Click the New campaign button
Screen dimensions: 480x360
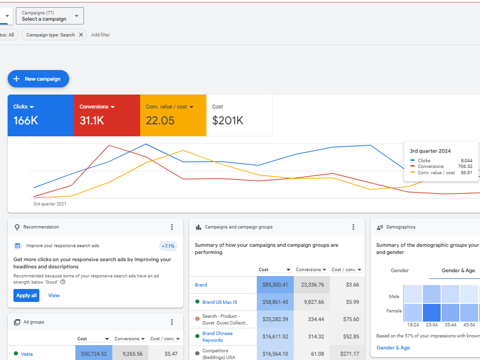click(38, 79)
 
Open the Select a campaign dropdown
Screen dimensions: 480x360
click(49, 16)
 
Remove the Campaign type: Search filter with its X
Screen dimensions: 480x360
click(81, 35)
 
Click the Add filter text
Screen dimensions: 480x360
click(100, 35)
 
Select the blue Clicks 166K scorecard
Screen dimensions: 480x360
click(41, 115)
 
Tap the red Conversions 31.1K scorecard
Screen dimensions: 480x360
click(107, 115)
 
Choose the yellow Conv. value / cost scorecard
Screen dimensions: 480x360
click(173, 115)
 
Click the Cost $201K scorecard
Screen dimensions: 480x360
click(240, 115)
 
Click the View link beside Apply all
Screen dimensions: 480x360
click(54, 295)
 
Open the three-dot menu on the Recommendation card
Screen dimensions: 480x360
click(172, 227)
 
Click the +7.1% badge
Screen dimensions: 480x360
click(168, 246)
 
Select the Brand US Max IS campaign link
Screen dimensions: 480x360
click(219, 302)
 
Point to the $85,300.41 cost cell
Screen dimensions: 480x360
click(275, 285)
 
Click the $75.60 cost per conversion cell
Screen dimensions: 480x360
click(351, 319)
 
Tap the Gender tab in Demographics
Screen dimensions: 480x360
click(400, 270)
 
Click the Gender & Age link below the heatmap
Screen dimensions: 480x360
click(393, 348)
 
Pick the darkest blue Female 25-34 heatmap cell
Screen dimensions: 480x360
click(432, 312)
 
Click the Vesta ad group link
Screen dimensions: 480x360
click(27, 354)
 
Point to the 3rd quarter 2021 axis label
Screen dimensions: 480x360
click(50, 204)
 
